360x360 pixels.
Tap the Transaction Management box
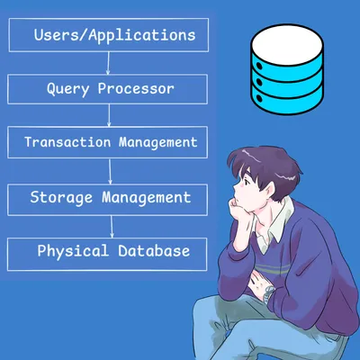[x=109, y=142]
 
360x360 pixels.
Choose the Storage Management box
[x=109, y=196]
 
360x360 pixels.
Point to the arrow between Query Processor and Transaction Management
[x=108, y=115]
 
